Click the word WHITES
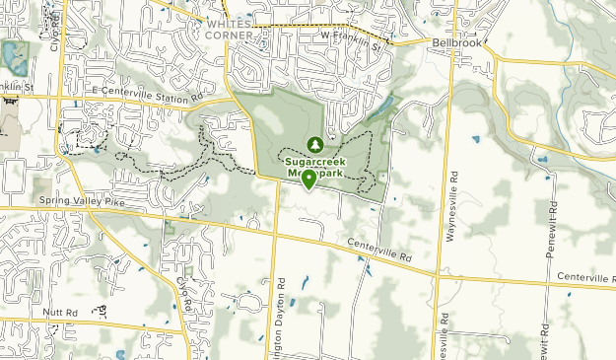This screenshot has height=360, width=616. point(230,24)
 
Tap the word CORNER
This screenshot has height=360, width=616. point(230,36)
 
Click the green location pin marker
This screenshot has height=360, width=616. point(308,178)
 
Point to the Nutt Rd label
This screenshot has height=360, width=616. point(60,313)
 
